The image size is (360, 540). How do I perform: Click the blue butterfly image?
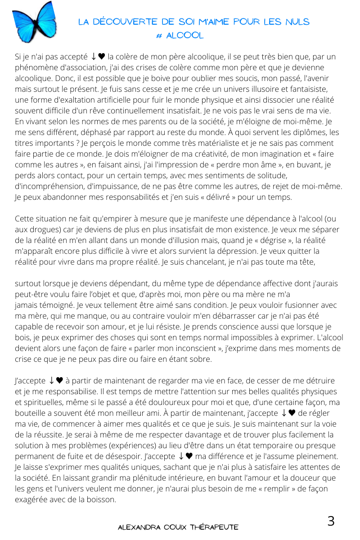(34, 22)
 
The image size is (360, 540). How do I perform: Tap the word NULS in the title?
(296, 22)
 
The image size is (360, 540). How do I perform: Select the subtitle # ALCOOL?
(180, 36)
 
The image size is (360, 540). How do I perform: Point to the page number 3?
(331, 521)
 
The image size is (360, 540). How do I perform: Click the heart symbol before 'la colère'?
(102, 57)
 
